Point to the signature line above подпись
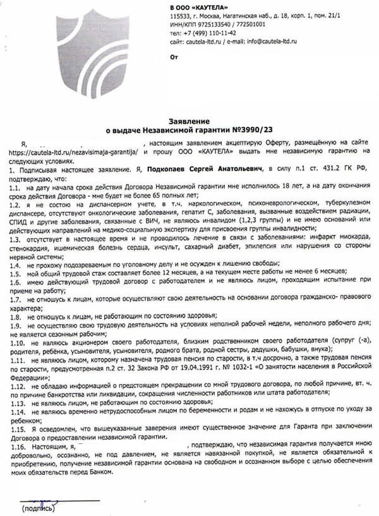[x=60, y=501]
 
